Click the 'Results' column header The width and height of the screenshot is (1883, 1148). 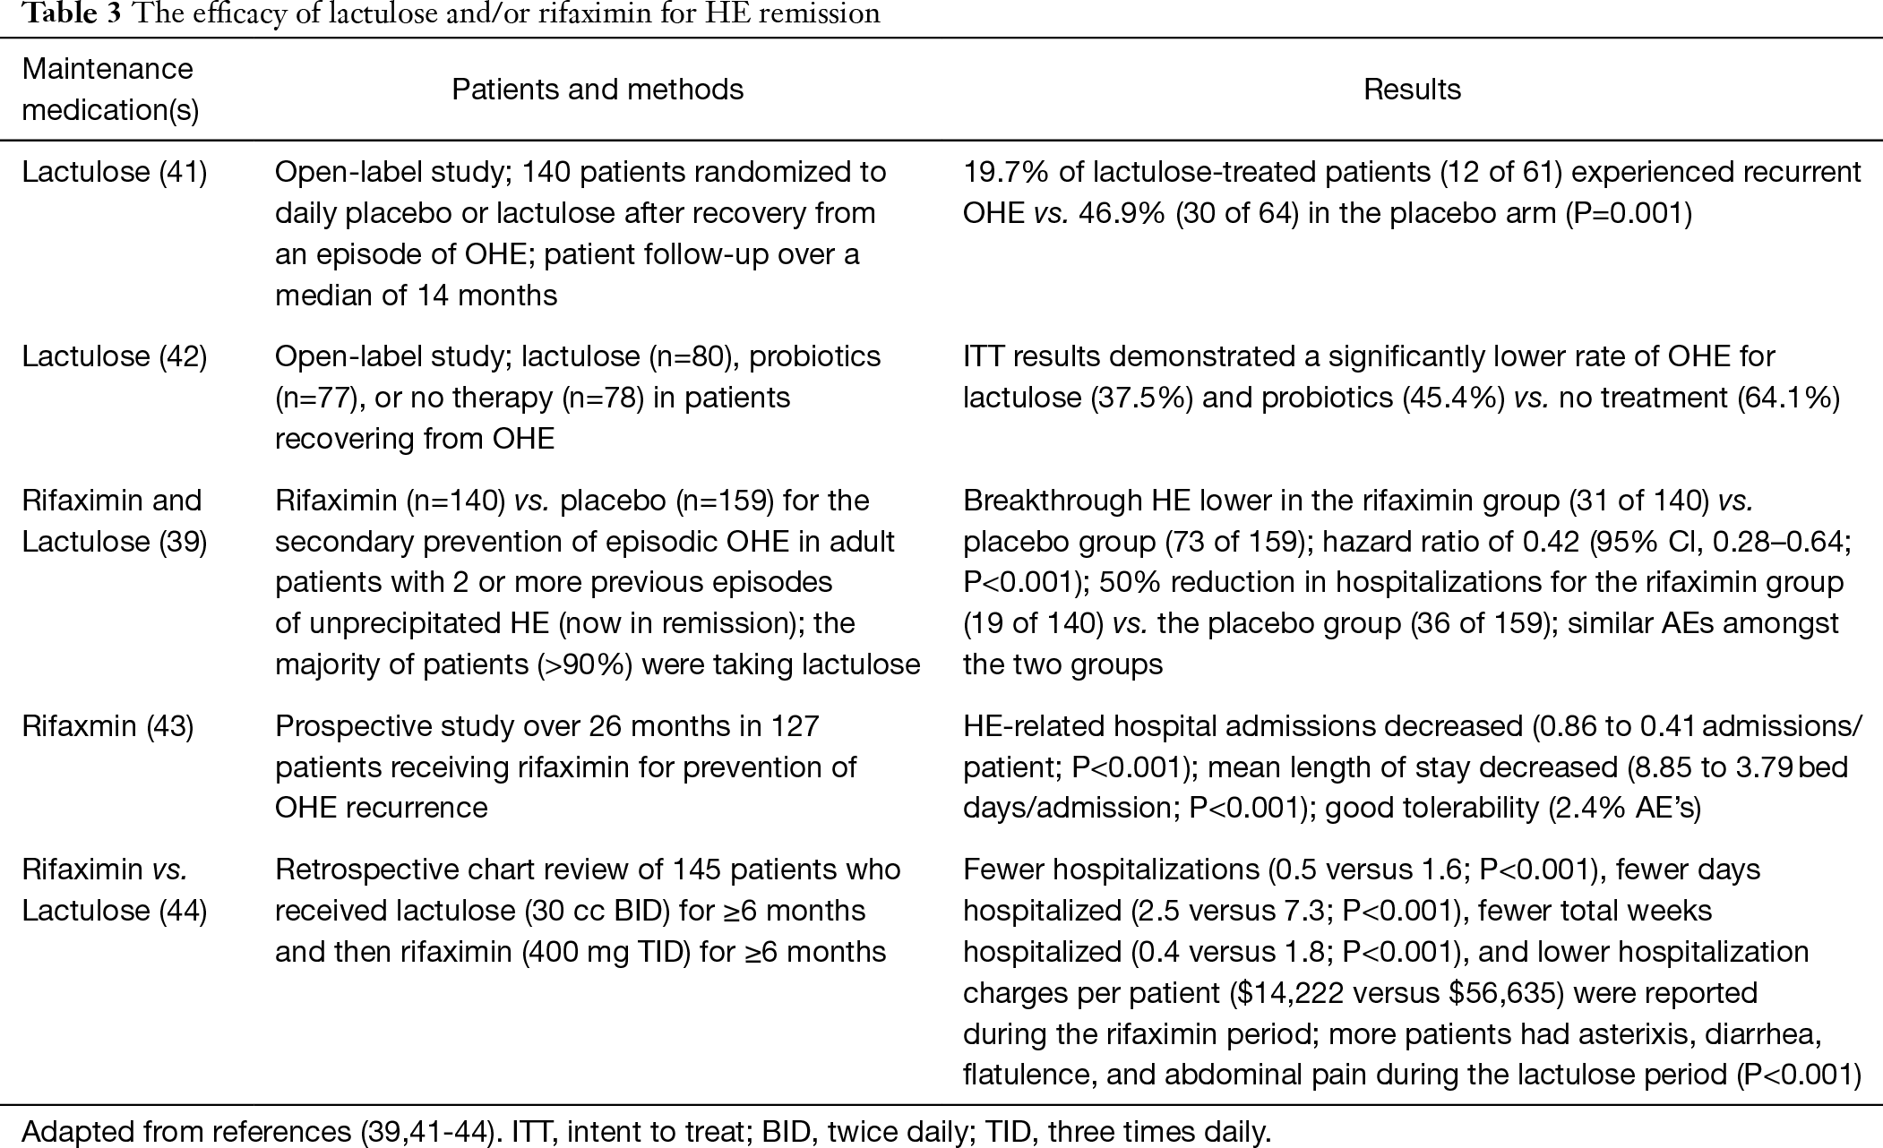[x=1412, y=90]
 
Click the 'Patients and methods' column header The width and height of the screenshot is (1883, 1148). [x=598, y=90]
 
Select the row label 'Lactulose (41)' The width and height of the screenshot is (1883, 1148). [x=115, y=172]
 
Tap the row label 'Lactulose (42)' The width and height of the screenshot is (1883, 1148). [x=115, y=356]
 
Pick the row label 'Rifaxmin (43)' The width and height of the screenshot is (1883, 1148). [x=107, y=725]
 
